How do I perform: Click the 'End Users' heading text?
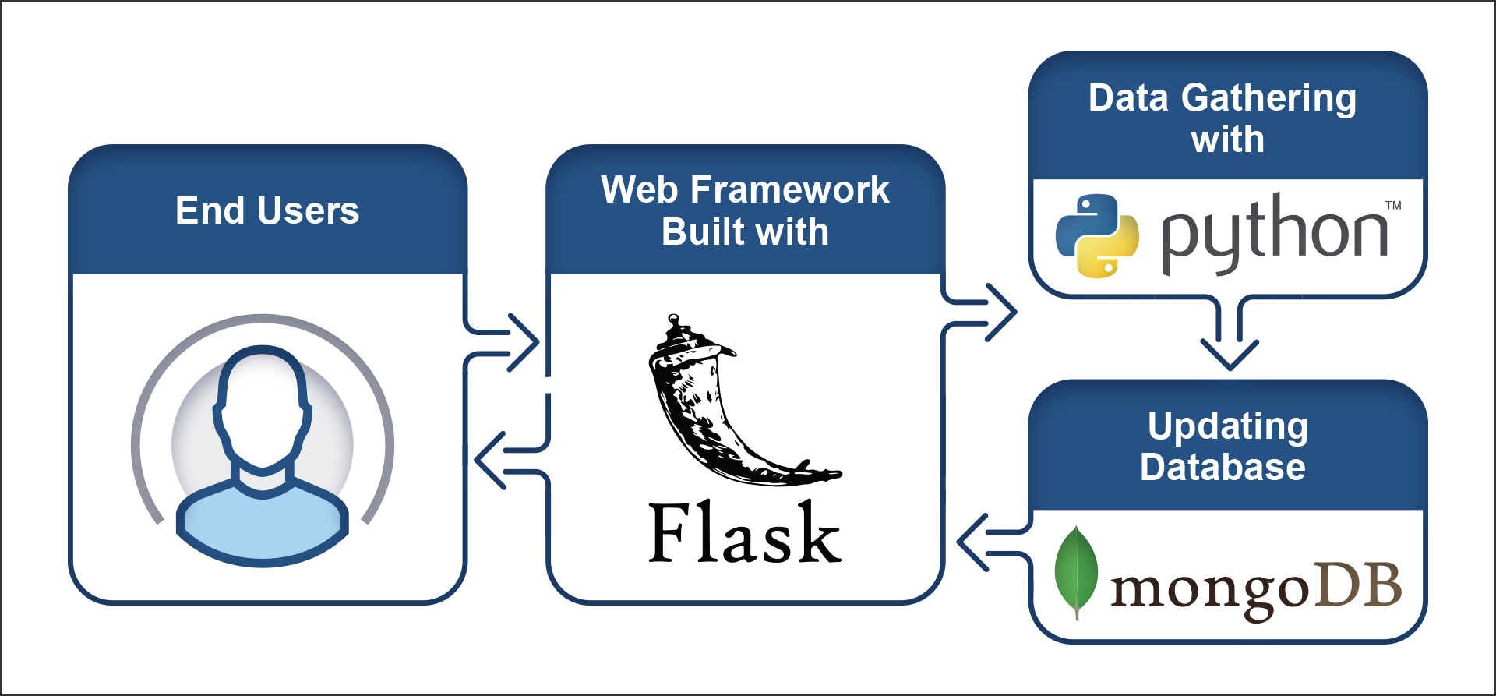click(267, 211)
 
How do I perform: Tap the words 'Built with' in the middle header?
click(745, 232)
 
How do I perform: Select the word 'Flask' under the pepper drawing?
click(744, 534)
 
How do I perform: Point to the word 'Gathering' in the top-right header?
click(1268, 99)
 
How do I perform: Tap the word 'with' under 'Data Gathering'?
click(1227, 140)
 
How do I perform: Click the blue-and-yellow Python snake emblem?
click(1097, 235)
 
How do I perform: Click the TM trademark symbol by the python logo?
click(1393, 206)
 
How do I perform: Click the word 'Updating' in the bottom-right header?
click(1227, 426)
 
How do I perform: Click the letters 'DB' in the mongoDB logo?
click(1358, 586)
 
